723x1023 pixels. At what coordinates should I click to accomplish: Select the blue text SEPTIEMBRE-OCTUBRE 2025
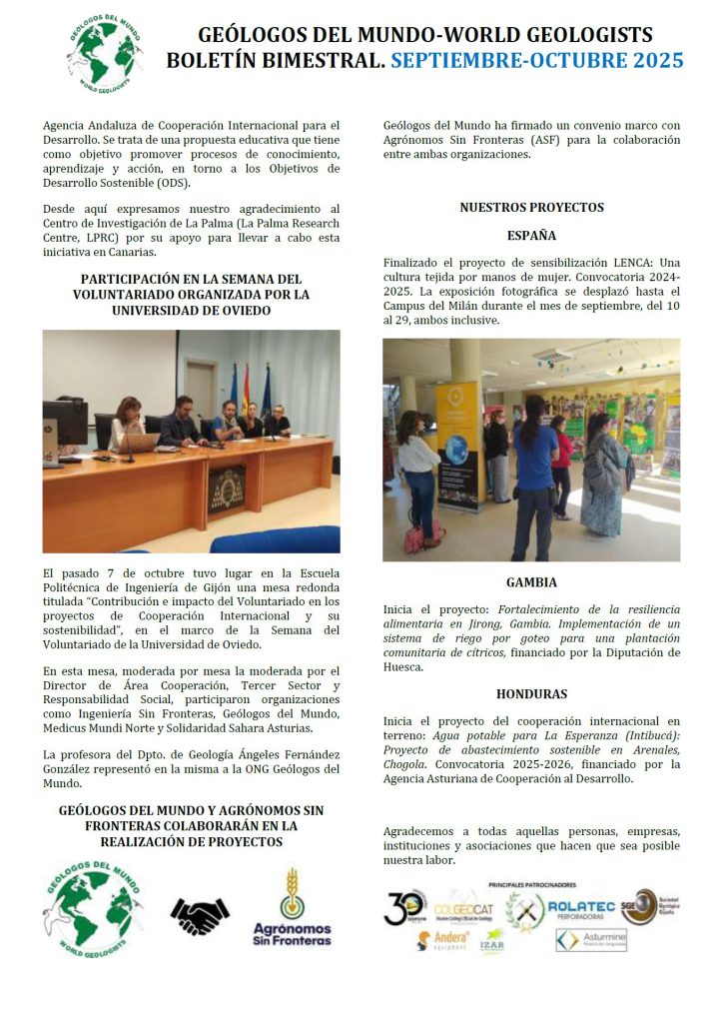point(536,61)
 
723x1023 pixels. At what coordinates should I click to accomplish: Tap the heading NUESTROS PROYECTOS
point(531,208)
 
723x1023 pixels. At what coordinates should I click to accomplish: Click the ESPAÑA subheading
point(531,237)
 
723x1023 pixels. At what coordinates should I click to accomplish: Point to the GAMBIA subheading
point(531,582)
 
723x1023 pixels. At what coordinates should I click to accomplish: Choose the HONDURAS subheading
point(531,693)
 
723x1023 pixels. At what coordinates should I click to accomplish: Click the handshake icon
point(200,914)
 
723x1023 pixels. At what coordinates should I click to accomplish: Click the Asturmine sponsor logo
point(591,940)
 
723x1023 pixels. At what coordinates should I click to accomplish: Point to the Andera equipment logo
point(443,940)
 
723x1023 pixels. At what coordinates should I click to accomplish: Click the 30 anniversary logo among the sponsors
point(404,907)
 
